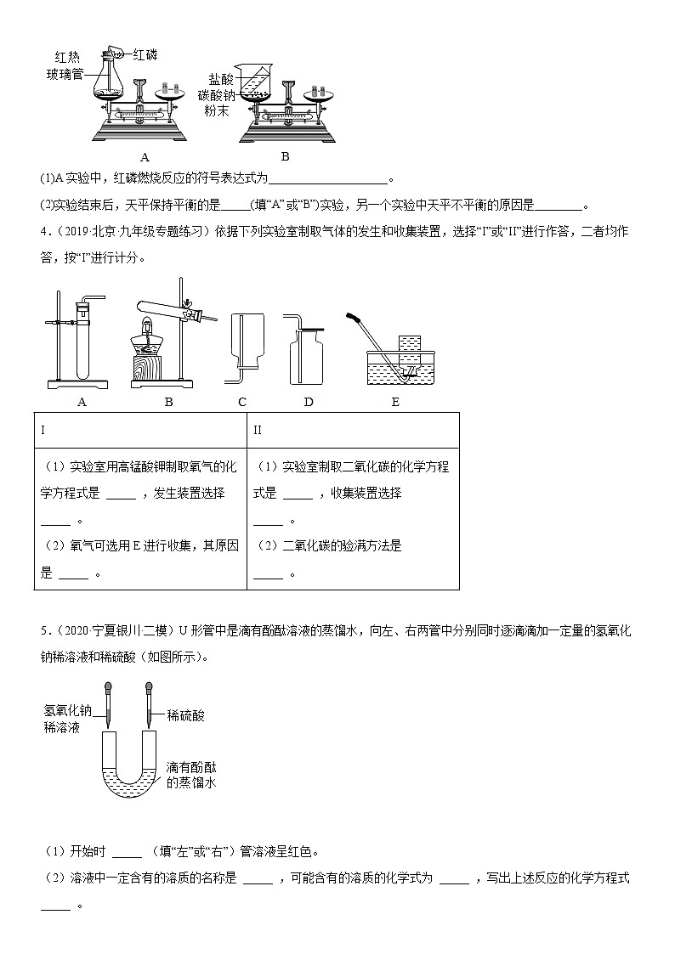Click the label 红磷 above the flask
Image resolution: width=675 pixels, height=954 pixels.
tap(145, 54)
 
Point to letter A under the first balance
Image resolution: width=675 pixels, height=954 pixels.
tap(145, 156)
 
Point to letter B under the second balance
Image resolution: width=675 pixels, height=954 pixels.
tap(285, 156)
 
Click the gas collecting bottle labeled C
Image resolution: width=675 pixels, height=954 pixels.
tap(242, 343)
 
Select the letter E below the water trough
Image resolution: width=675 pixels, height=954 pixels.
tap(395, 402)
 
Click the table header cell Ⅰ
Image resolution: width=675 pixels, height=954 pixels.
tap(43, 430)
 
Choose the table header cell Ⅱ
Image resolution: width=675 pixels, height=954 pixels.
tap(258, 430)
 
